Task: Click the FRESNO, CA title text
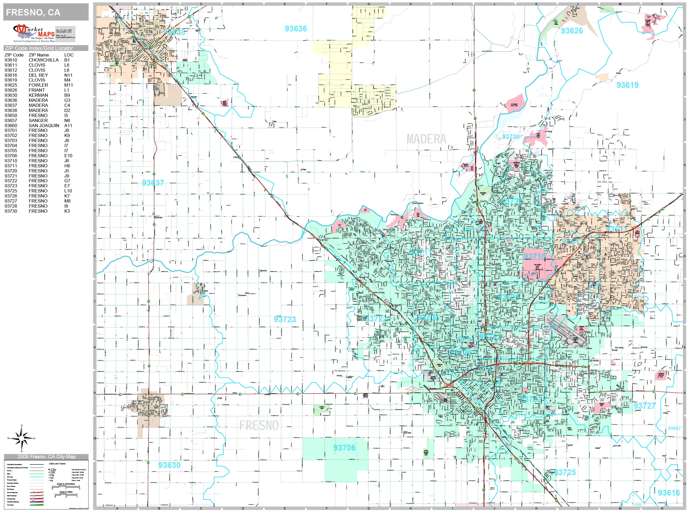[x=33, y=13]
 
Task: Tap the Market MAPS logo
[x=34, y=33]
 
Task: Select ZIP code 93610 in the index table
[x=11, y=60]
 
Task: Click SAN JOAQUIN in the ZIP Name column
[x=44, y=126]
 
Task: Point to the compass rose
[x=21, y=438]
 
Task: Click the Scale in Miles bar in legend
[x=66, y=495]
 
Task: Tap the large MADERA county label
[x=426, y=139]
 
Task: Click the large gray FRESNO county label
[x=259, y=425]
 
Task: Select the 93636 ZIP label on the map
[x=296, y=29]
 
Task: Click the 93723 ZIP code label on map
[x=285, y=319]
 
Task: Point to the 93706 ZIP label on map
[x=344, y=448]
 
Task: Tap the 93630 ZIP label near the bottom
[x=169, y=465]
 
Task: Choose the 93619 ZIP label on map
[x=627, y=85]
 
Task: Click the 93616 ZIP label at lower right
[x=669, y=493]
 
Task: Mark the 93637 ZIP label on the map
[x=153, y=183]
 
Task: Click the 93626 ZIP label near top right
[x=571, y=31]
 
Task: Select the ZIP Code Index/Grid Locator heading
[x=39, y=48]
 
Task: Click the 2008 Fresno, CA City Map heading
[x=46, y=456]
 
